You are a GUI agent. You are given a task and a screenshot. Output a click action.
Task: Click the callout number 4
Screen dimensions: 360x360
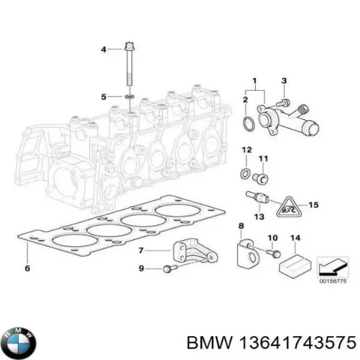103,49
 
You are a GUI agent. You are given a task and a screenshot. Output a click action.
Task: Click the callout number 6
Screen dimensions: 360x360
28,268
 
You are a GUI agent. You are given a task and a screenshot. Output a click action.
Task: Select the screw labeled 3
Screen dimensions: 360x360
286,103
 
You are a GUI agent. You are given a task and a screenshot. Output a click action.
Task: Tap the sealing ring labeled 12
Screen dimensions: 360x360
245,174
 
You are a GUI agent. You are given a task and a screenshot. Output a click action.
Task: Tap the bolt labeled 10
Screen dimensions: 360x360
274,254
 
